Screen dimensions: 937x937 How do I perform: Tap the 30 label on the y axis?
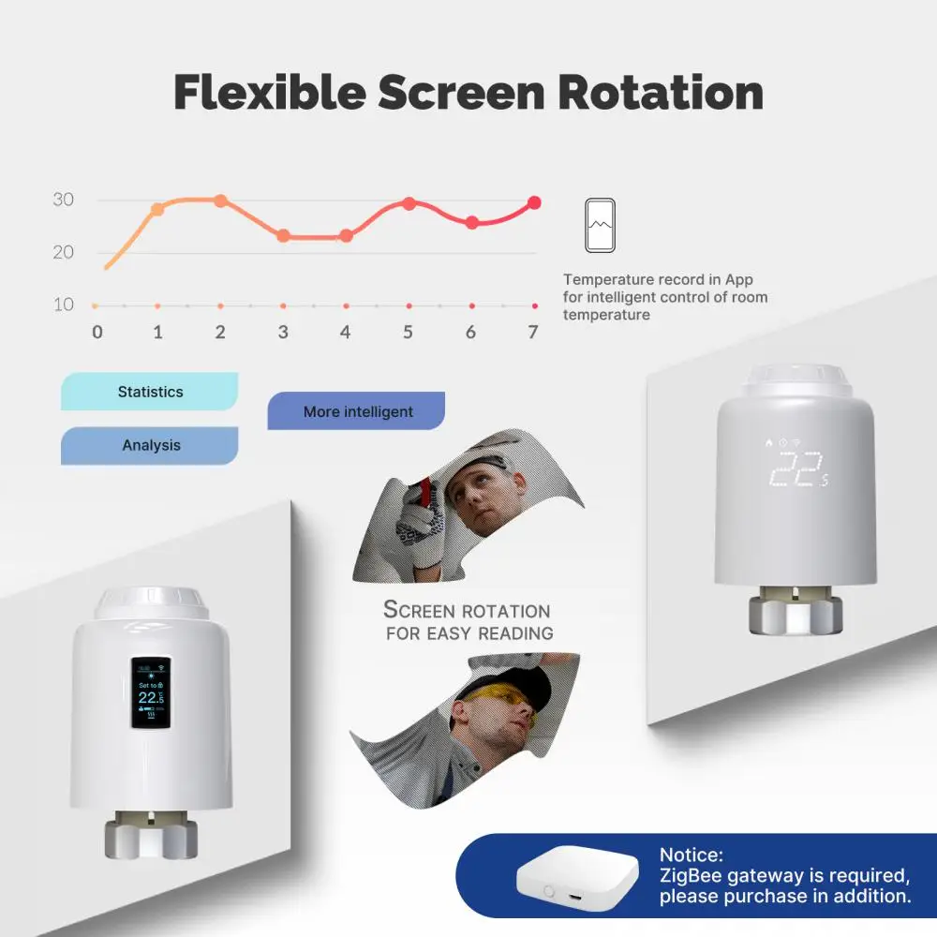click(63, 200)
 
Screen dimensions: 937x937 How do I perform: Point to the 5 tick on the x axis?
click(408, 332)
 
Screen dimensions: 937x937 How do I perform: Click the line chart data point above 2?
click(220, 201)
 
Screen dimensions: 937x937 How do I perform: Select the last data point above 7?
click(534, 201)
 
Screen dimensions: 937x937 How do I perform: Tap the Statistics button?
click(150, 392)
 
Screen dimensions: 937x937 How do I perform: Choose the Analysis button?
click(151, 445)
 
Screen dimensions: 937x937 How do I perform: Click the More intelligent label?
click(357, 411)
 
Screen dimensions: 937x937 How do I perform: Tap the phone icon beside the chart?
click(601, 225)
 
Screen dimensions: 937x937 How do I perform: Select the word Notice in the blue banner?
click(691, 855)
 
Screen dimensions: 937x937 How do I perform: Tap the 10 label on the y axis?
click(63, 305)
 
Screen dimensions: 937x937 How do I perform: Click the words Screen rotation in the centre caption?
click(467, 610)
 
